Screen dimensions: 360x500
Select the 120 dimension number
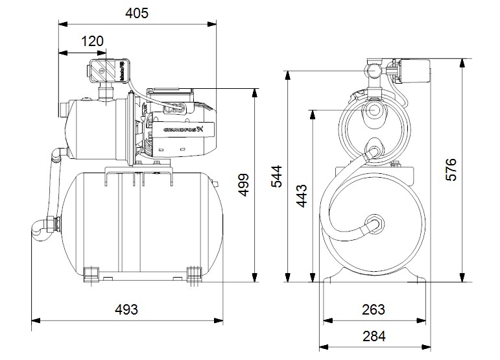pyautogui.click(x=93, y=41)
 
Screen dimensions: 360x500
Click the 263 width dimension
pyautogui.click(x=374, y=309)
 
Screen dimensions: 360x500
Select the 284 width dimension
pyautogui.click(x=374, y=336)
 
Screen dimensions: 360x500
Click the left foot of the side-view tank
pyautogui.click(x=93, y=272)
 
